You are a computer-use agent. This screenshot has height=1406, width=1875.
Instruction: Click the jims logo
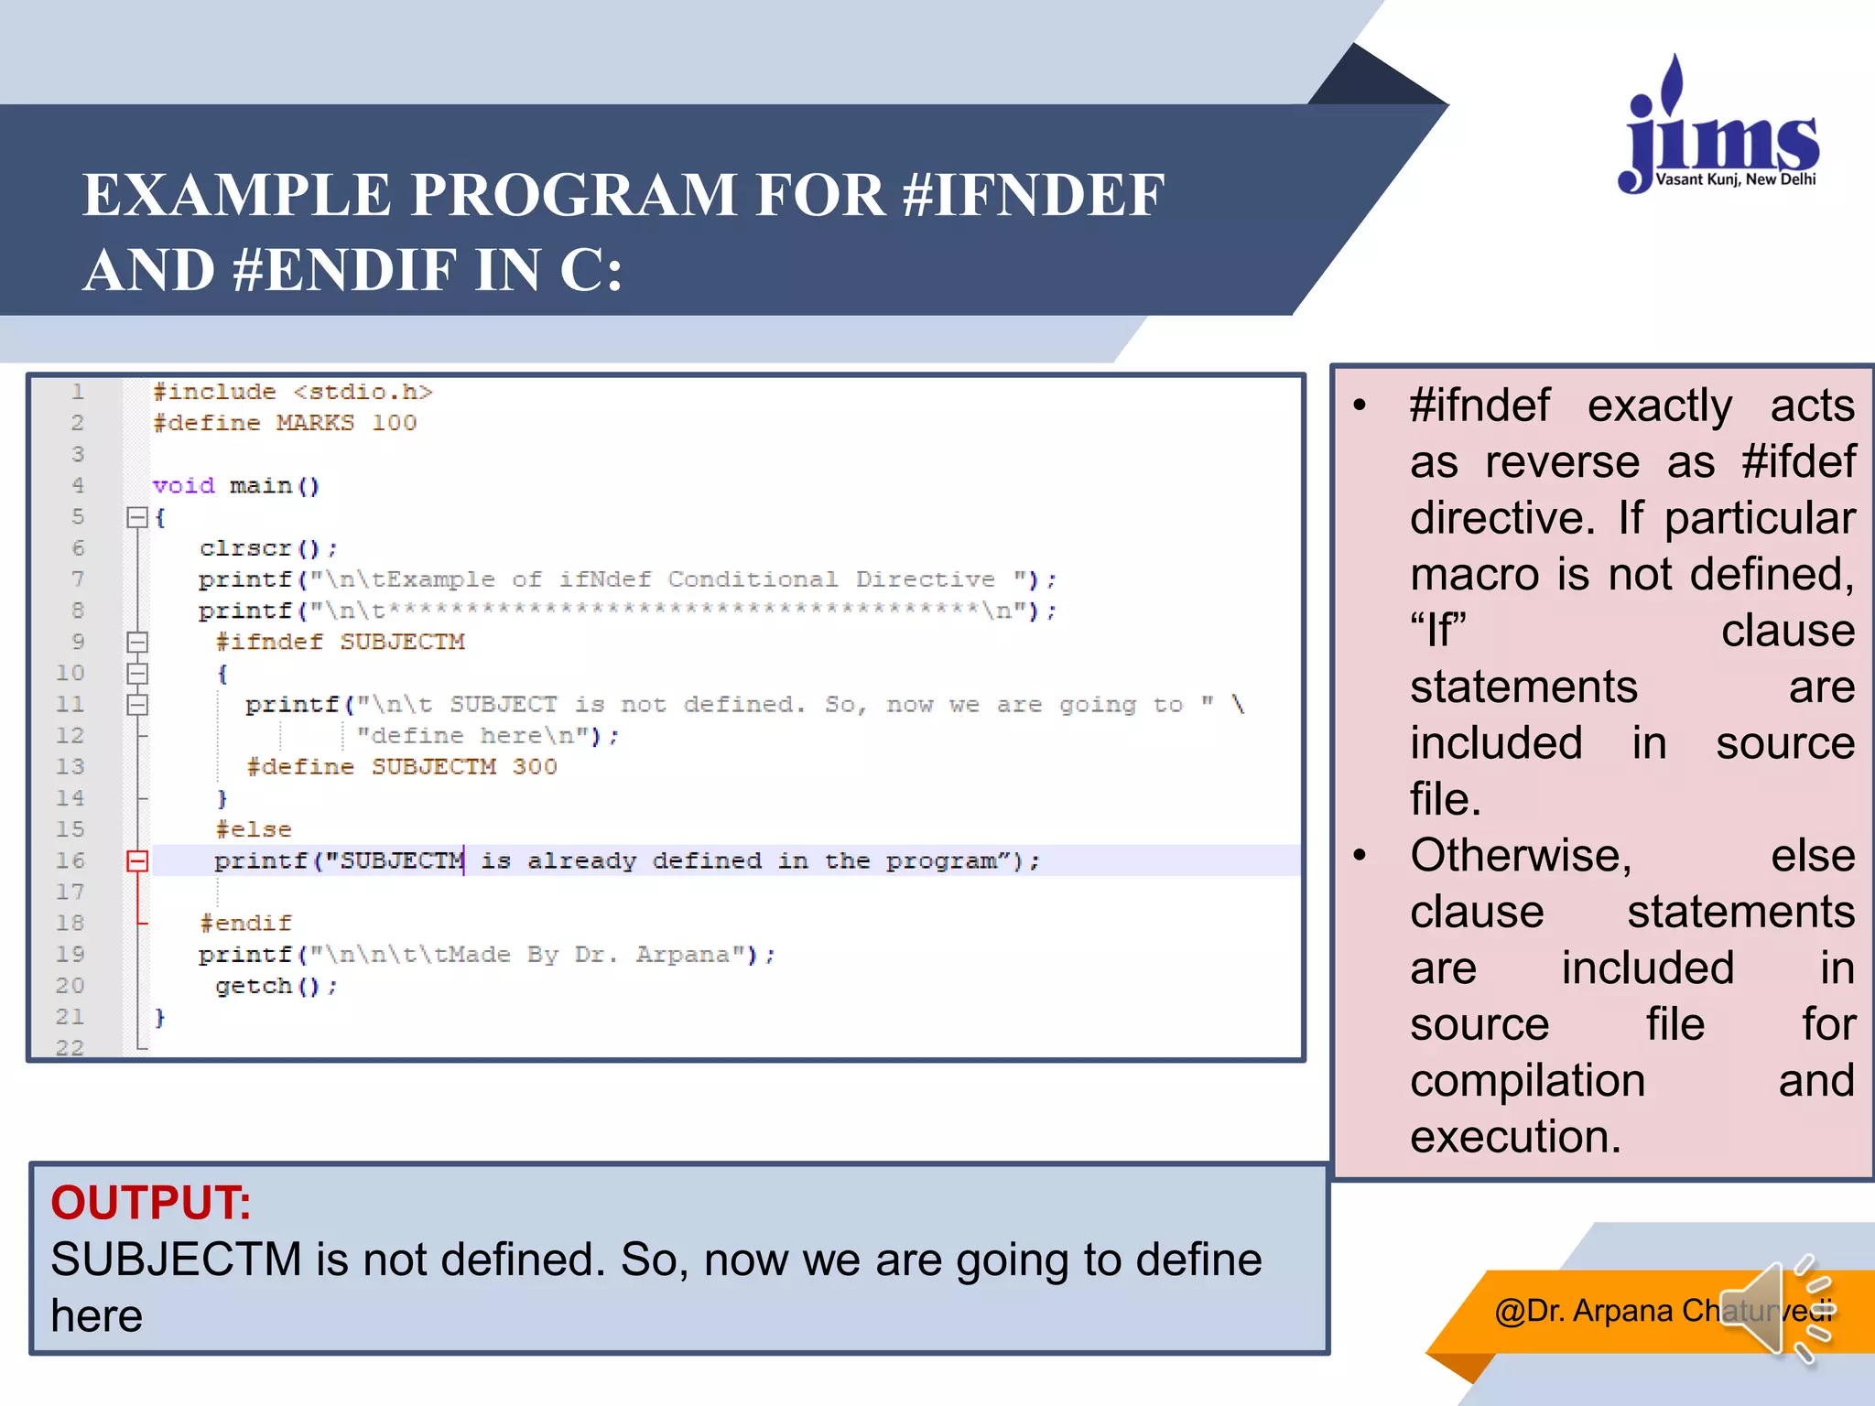1719,128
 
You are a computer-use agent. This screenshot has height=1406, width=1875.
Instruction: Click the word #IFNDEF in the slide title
1033,195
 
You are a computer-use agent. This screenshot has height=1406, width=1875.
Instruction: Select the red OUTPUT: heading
150,1202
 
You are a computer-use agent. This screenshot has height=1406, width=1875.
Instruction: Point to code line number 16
70,860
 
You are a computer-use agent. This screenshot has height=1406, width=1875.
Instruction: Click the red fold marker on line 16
137,860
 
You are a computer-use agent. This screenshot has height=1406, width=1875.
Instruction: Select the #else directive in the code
254,829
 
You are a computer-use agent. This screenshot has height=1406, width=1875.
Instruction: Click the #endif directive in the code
245,923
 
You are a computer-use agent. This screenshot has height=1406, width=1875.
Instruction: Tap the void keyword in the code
183,485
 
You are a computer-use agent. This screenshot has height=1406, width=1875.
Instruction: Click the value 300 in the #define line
535,767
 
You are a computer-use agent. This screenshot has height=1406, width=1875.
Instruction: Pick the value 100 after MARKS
394,423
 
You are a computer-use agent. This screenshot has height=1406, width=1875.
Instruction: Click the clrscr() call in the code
267,548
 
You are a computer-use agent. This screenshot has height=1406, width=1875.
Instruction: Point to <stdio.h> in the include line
363,392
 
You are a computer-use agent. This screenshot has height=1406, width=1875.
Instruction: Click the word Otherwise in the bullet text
1520,856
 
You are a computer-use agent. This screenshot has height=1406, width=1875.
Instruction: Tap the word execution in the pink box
1514,1137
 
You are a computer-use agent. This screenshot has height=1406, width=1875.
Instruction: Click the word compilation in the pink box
1527,1081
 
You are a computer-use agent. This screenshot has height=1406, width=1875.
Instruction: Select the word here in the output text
96,1315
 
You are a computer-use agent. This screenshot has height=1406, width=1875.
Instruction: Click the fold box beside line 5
137,517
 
